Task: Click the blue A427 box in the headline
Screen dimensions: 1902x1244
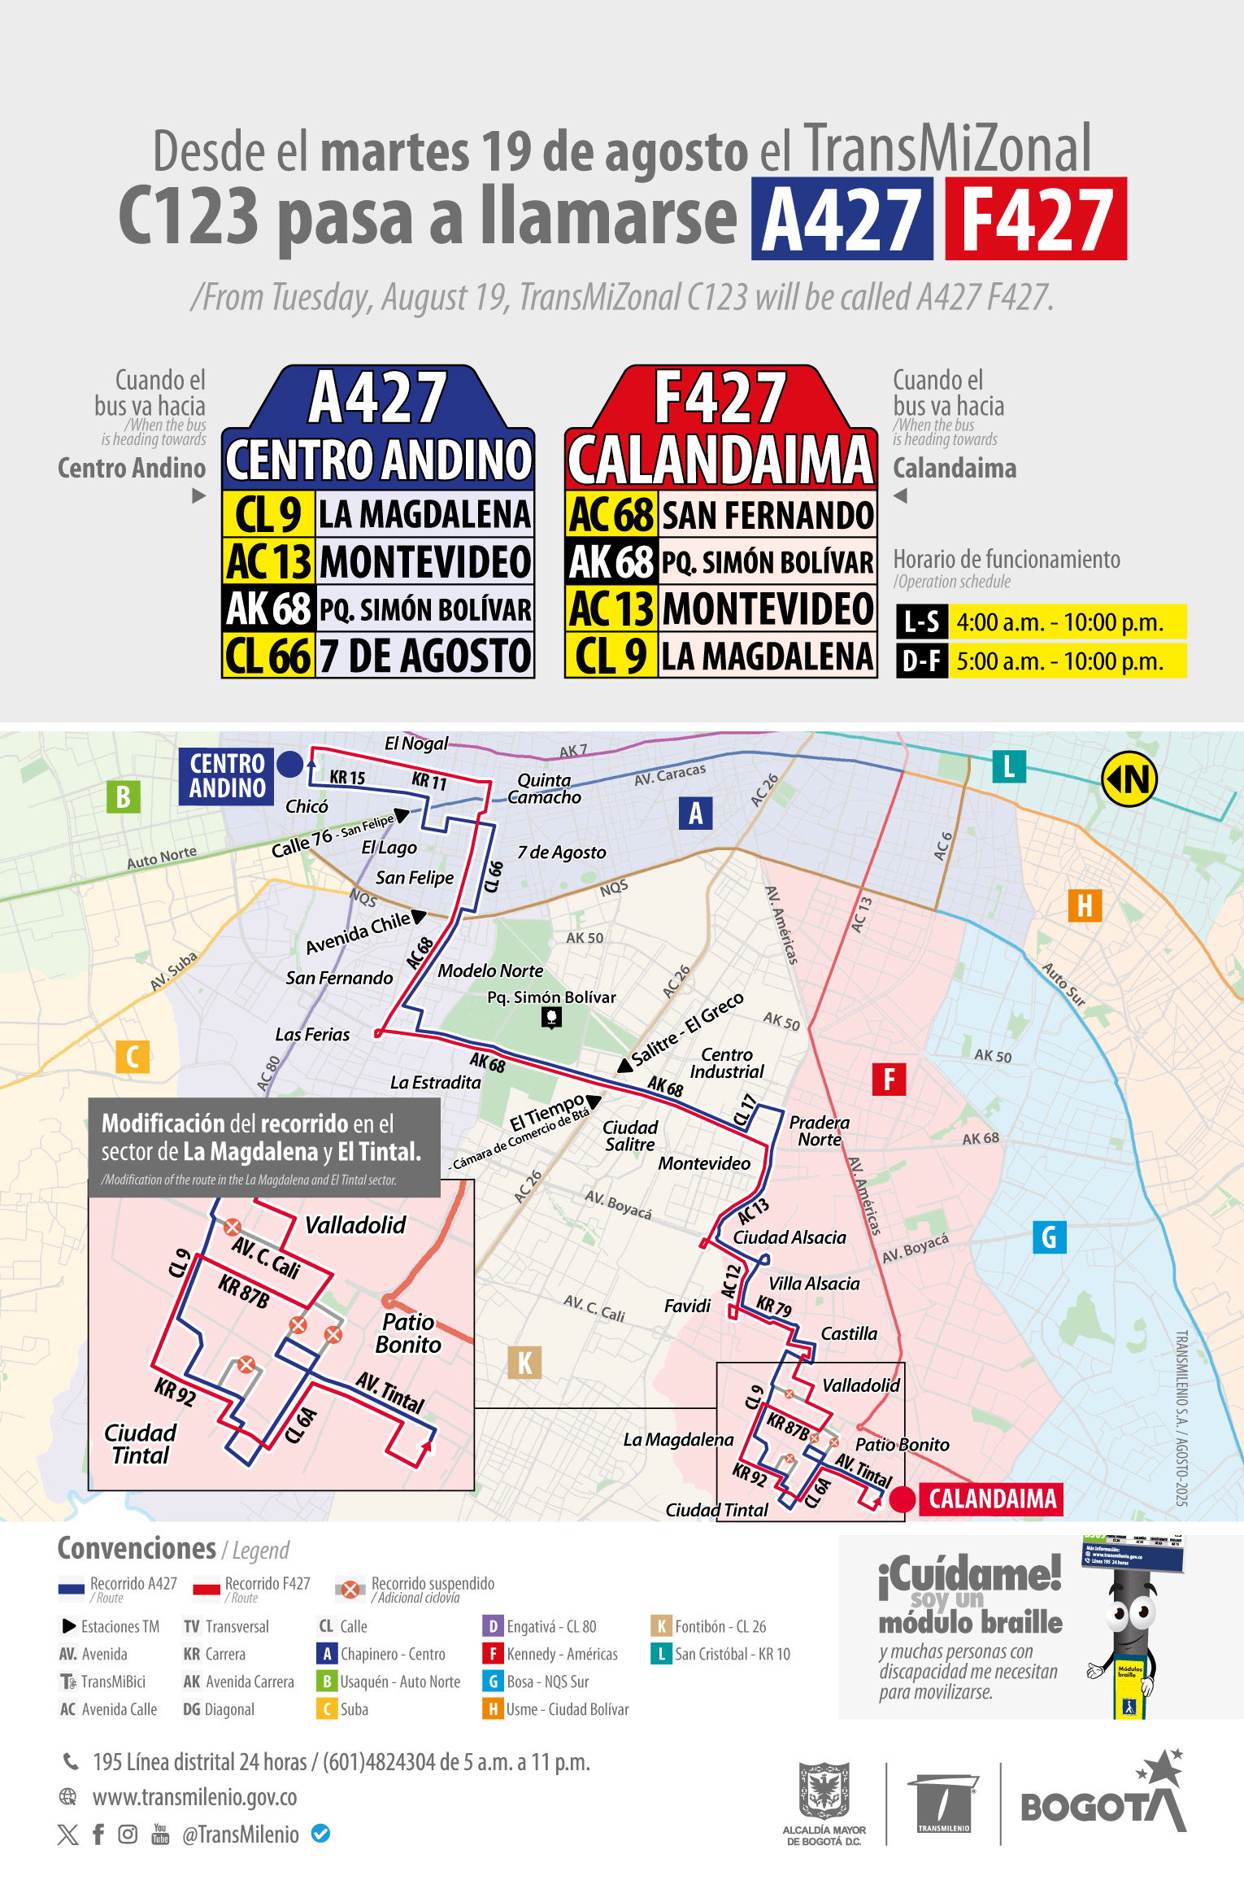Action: click(x=842, y=218)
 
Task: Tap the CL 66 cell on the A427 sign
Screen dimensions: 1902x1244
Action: click(x=268, y=656)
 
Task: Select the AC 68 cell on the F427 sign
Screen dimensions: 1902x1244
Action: click(x=611, y=514)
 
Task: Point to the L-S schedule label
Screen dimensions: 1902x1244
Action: click(x=921, y=622)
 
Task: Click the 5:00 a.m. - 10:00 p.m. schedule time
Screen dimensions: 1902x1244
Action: click(x=1060, y=661)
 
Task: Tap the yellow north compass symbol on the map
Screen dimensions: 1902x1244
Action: click(x=1129, y=779)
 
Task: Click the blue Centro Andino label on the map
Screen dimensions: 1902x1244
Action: click(x=227, y=776)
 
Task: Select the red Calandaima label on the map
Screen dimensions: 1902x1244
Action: click(x=992, y=1498)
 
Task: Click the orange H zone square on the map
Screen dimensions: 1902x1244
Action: click(x=1085, y=905)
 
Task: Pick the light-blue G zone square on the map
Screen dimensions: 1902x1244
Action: click(x=1049, y=1237)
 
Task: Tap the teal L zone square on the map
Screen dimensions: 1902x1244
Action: click(x=1008, y=766)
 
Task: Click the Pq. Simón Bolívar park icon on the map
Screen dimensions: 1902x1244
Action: click(x=551, y=1017)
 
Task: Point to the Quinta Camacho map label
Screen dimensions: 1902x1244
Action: click(x=544, y=788)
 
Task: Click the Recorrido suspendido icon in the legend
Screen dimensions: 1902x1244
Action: click(x=350, y=1589)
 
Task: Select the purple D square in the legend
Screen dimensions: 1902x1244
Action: click(x=492, y=1626)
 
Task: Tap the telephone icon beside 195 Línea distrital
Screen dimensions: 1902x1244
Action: click(x=71, y=1761)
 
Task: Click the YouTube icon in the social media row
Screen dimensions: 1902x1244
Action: click(x=160, y=1834)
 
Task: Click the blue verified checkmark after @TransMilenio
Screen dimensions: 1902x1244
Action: click(x=321, y=1834)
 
